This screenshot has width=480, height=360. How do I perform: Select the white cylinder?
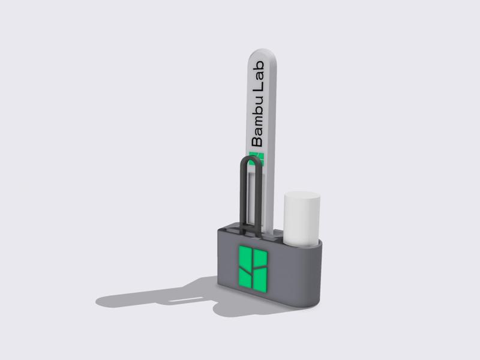(x=301, y=219)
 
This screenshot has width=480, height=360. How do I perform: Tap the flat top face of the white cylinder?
(x=302, y=197)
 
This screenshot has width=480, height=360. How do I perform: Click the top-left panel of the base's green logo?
(x=246, y=256)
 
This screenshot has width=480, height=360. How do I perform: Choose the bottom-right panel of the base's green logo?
(x=261, y=281)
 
